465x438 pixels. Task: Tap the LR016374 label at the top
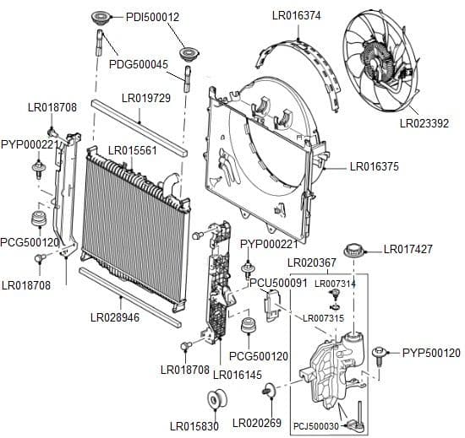296,15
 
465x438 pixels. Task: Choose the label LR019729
146,99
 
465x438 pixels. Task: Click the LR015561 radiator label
133,150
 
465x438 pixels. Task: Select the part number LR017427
408,249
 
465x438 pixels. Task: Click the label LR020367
312,264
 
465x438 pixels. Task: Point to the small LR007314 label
335,284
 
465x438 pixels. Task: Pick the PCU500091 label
278,283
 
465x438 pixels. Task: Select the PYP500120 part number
431,353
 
